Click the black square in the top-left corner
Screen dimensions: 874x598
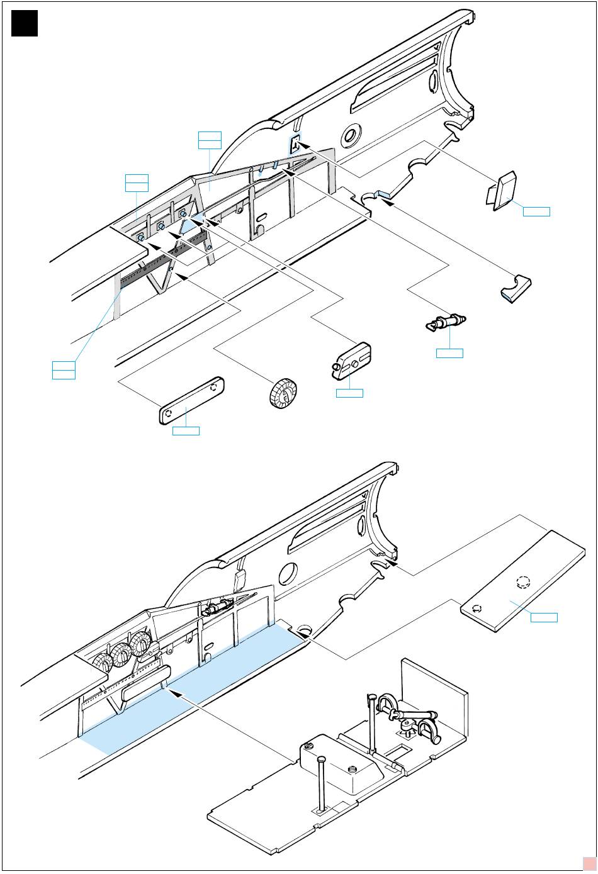coord(25,23)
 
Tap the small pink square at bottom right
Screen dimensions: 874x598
coord(588,863)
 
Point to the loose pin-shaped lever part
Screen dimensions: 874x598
coord(446,322)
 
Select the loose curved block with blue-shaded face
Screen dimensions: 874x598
coord(517,288)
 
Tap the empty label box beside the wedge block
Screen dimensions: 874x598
coord(536,211)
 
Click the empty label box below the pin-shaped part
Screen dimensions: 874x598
coord(449,353)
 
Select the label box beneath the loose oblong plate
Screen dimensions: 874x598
coord(186,430)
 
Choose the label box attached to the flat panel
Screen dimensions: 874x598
coord(544,616)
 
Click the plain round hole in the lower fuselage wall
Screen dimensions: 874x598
coord(288,573)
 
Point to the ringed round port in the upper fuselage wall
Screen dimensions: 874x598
coord(351,135)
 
